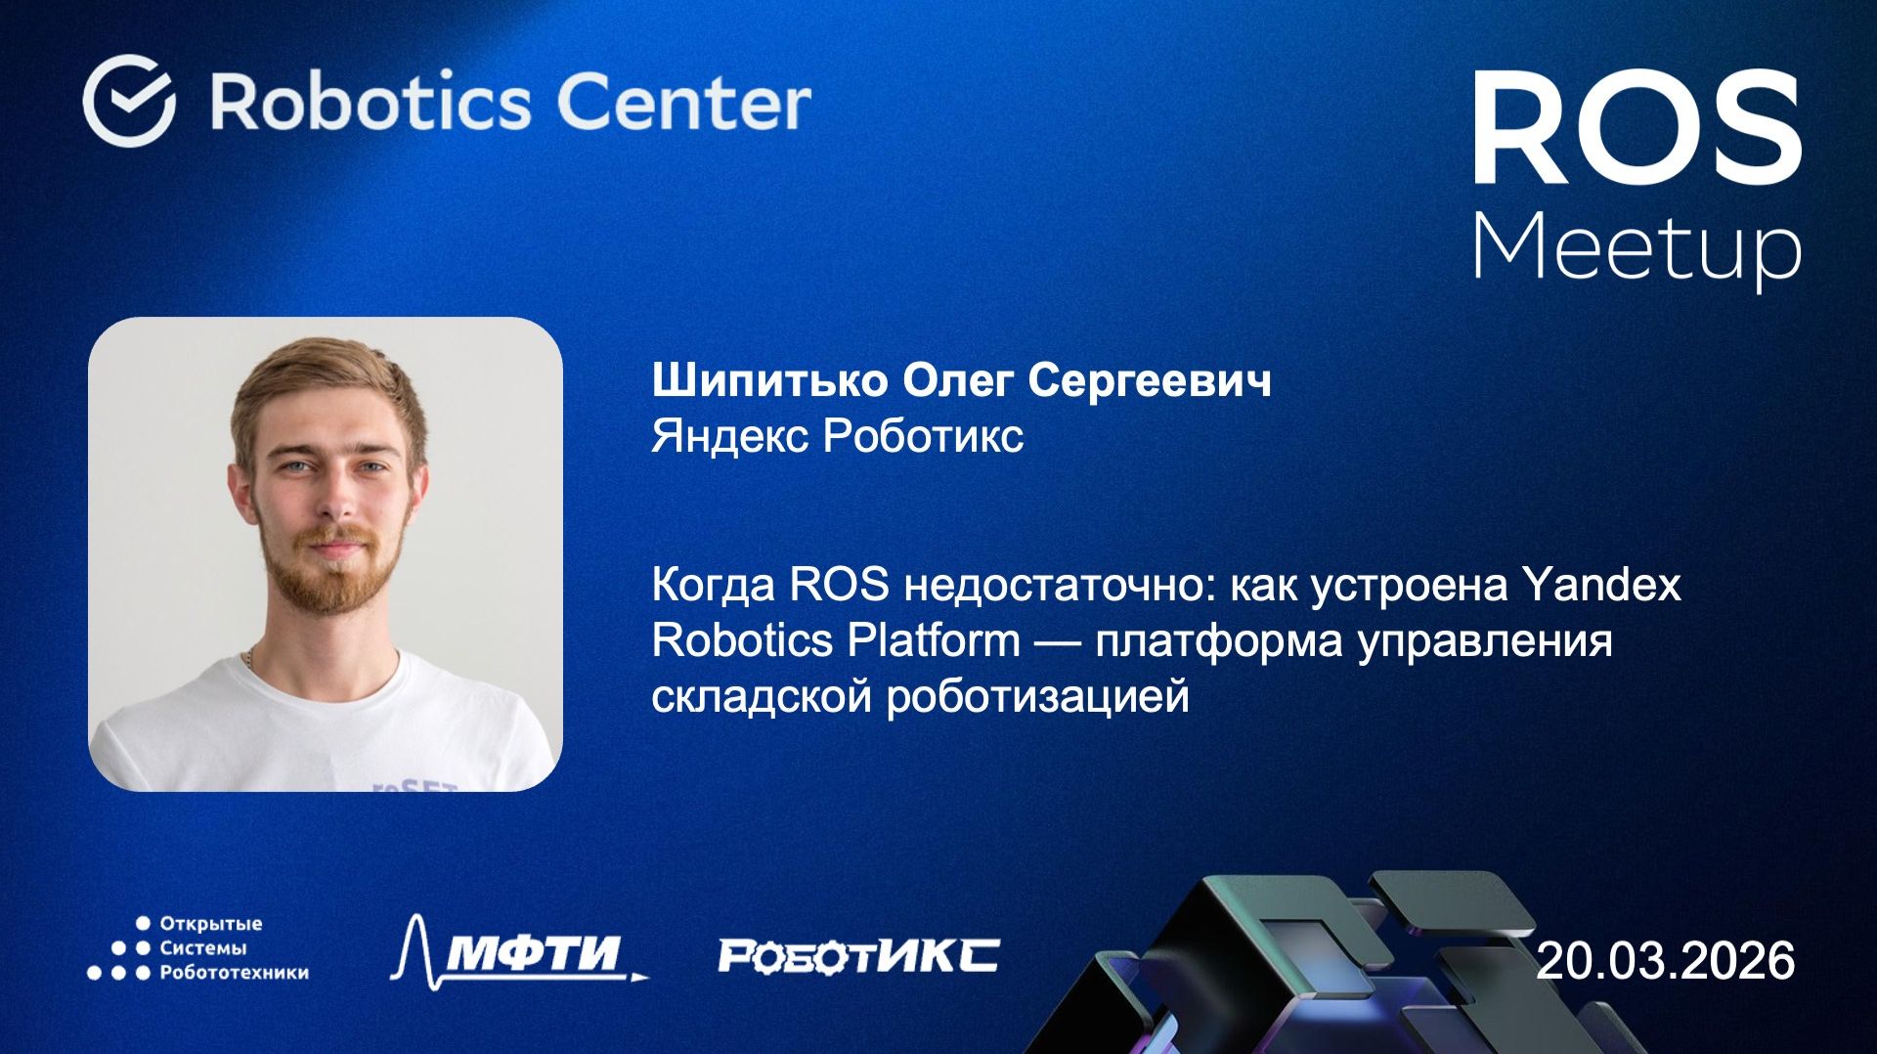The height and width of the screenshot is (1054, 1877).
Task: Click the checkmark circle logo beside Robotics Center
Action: [x=129, y=101]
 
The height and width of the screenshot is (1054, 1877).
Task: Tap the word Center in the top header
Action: [x=683, y=102]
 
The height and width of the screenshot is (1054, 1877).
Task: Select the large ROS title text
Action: [x=1637, y=129]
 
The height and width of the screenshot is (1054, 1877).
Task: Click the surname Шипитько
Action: [x=768, y=380]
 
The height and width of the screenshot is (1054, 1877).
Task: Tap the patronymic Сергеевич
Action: [x=1149, y=380]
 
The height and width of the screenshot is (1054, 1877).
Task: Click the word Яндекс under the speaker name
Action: [x=729, y=436]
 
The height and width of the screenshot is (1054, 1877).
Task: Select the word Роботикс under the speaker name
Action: [x=922, y=436]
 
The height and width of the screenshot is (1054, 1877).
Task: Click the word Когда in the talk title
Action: [x=713, y=585]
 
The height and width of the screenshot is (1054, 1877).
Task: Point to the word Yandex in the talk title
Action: [x=1601, y=585]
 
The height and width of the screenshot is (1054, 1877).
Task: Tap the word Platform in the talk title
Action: [x=933, y=640]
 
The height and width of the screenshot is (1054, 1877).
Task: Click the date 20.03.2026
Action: [x=1665, y=960]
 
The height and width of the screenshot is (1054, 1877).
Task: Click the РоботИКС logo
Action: [x=858, y=955]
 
